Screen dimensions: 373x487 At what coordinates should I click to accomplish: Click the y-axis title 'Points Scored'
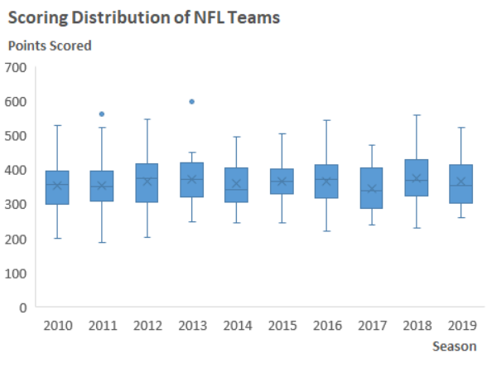pyautogui.click(x=50, y=46)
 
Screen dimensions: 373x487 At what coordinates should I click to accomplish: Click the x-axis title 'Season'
pyautogui.click(x=454, y=346)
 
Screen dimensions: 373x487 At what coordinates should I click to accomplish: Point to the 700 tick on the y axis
pyautogui.click(x=16, y=67)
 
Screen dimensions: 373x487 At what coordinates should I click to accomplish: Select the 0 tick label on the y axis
pyautogui.click(x=23, y=308)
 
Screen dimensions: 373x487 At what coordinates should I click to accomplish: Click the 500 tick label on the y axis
pyautogui.click(x=16, y=136)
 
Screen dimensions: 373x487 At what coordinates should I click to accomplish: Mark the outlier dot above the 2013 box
pyautogui.click(x=192, y=101)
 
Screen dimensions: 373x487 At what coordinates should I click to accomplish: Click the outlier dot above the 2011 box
pyautogui.click(x=103, y=114)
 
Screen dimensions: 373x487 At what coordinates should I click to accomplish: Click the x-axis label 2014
pyautogui.click(x=237, y=327)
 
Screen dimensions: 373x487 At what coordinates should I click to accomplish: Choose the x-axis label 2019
pyautogui.click(x=460, y=327)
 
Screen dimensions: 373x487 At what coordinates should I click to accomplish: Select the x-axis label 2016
pyautogui.click(x=326, y=327)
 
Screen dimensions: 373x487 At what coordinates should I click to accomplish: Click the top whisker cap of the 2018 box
pyautogui.click(x=416, y=115)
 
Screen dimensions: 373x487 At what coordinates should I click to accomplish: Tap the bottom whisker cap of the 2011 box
pyautogui.click(x=103, y=243)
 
